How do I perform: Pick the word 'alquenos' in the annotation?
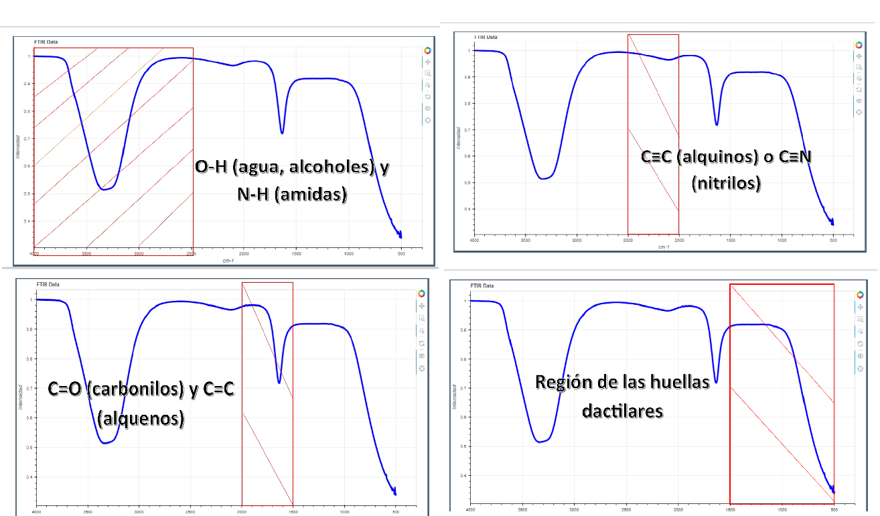coord(141,418)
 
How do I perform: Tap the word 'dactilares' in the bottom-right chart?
coord(622,409)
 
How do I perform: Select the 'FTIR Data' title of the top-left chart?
coord(46,42)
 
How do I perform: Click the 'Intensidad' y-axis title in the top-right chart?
coord(459,137)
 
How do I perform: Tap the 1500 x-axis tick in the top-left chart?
coord(296,253)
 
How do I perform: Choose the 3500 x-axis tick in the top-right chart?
coord(526,239)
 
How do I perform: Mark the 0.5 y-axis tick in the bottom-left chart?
coord(29,447)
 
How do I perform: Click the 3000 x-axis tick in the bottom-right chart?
coord(574,510)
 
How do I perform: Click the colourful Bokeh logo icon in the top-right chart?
coord(859,45)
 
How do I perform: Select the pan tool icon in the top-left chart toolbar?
coord(428,62)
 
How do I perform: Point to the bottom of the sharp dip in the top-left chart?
coord(282,132)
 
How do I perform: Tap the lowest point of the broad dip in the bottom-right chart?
coord(541,442)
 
